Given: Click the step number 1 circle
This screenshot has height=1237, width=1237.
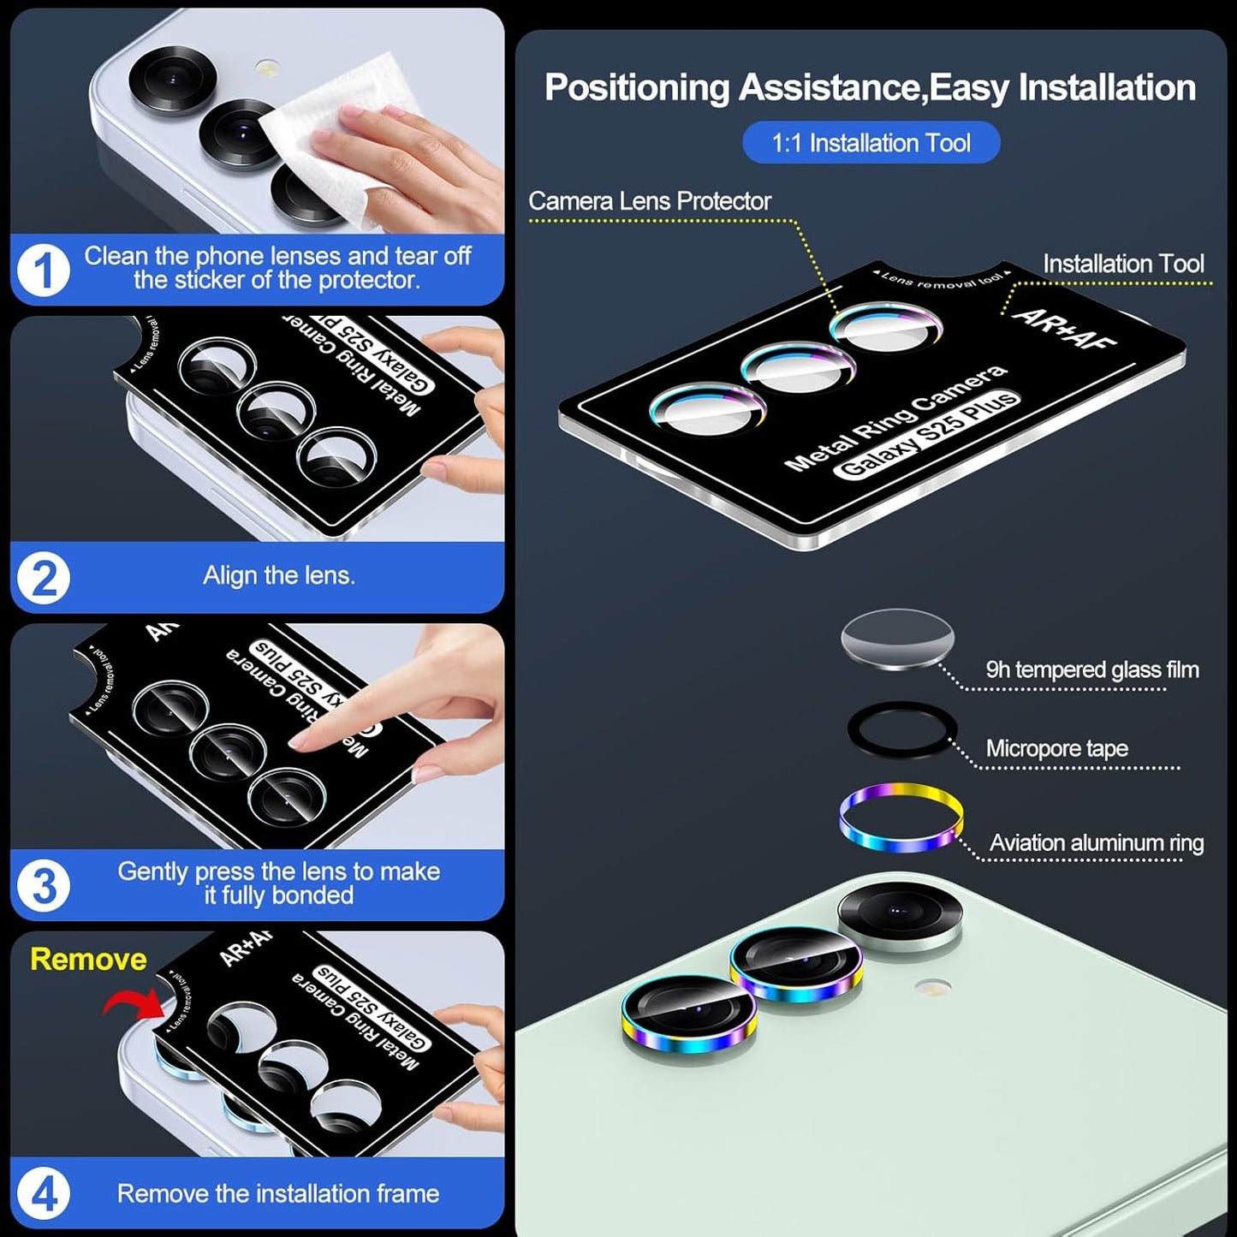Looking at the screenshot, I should [x=43, y=271].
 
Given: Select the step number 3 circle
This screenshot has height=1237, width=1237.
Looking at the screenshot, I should [x=43, y=885].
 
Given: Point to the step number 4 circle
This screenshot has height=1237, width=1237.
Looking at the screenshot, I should [x=43, y=1193].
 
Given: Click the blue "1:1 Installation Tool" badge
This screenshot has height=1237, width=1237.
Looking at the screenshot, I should [x=871, y=143].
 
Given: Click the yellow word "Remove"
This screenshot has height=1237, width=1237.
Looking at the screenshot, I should [x=88, y=959].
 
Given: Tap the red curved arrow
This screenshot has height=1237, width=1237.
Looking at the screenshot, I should [x=133, y=1002].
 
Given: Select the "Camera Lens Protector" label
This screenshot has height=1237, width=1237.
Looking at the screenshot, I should [x=649, y=201].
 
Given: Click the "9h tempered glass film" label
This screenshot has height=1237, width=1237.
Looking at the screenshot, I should [x=1091, y=669].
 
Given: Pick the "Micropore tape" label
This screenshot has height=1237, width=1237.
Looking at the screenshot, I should [x=1056, y=748].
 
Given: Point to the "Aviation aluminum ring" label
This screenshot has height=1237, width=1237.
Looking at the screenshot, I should [x=1096, y=843].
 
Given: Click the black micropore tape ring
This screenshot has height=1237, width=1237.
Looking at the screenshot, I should [x=901, y=730].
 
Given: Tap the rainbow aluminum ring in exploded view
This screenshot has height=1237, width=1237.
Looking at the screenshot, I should [x=901, y=818].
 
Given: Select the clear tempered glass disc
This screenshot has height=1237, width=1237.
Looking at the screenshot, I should [x=897, y=639].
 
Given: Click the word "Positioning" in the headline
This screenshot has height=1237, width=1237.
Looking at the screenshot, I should [x=636, y=87].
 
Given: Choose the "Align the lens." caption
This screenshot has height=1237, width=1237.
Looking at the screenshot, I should [x=278, y=575].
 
